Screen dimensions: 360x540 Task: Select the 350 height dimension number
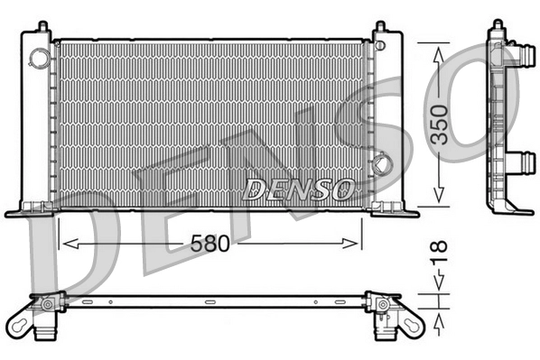pos(438,125)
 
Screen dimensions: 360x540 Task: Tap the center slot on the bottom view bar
pos(209,300)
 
